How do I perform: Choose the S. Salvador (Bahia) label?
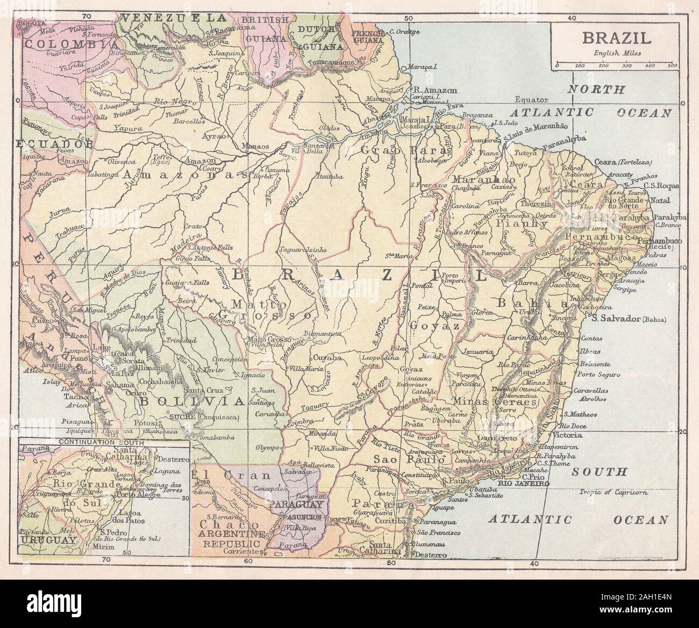626,319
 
